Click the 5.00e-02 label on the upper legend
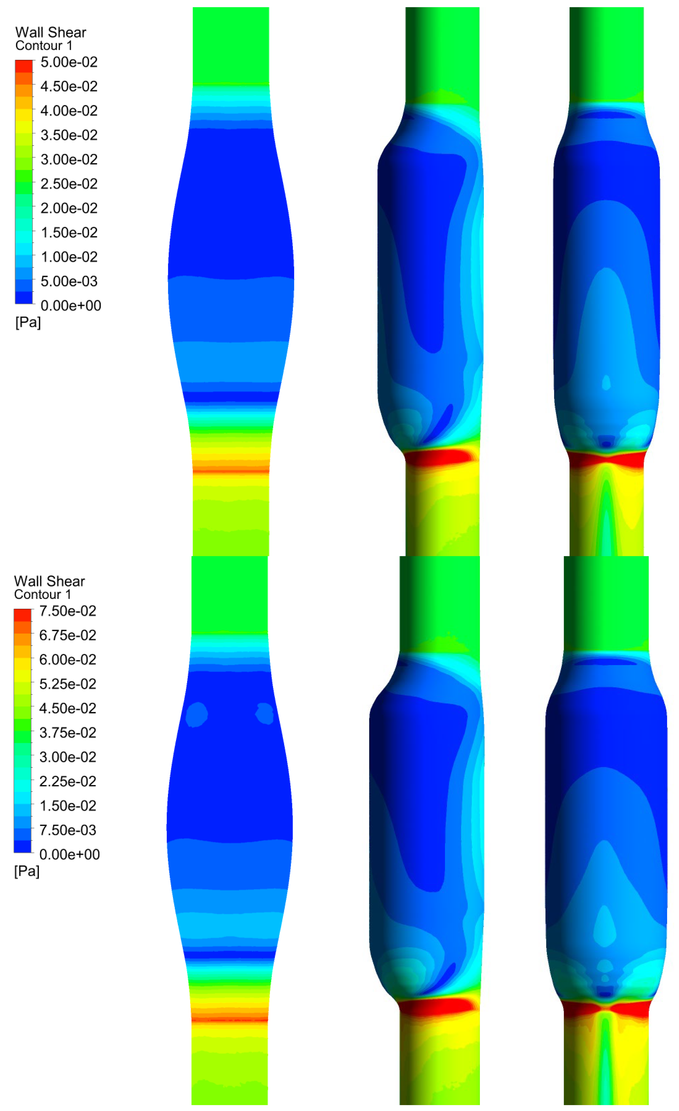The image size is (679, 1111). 69,62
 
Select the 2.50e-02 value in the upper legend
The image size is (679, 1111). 69,184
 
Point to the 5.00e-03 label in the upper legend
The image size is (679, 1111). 69,281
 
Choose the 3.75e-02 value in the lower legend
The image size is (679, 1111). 68,733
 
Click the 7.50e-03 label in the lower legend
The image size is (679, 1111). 68,830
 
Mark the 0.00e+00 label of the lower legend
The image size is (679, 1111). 69,854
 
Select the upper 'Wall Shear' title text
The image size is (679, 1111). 51,32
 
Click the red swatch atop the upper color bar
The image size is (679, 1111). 24,66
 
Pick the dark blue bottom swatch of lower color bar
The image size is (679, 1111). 23,846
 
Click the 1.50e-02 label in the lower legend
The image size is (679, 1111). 68,806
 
